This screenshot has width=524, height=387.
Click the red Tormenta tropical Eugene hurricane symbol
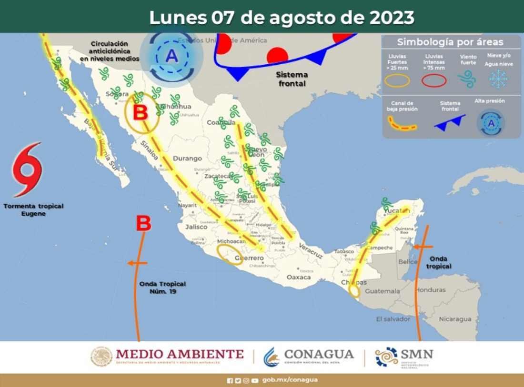pos(28,169)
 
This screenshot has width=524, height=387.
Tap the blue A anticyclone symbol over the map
pos(171,57)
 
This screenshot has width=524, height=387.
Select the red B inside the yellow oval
pos(141,113)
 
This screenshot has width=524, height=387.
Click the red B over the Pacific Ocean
pos(144,223)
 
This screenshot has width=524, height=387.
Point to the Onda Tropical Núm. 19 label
pos(162,288)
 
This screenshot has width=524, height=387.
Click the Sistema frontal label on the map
pos(292,79)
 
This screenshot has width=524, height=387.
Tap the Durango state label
pos(187,158)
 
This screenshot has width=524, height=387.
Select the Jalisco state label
pos(196,227)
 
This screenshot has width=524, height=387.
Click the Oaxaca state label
pos(299,277)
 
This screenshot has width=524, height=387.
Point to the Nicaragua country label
pos(455,319)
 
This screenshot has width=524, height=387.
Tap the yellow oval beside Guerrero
pos(229,255)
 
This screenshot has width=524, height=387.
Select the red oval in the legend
pos(434,81)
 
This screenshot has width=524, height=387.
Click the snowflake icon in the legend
pos(498,79)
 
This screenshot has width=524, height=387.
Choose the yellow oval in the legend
pos(397,81)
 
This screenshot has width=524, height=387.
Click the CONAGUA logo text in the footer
pos(319,355)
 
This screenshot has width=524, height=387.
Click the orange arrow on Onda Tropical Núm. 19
pos(137,263)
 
